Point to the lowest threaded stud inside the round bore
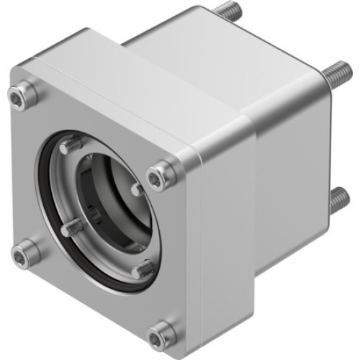pyautogui.click(x=145, y=269)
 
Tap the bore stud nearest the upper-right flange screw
pyautogui.click(x=137, y=189)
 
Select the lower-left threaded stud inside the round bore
pyautogui.click(x=70, y=228)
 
